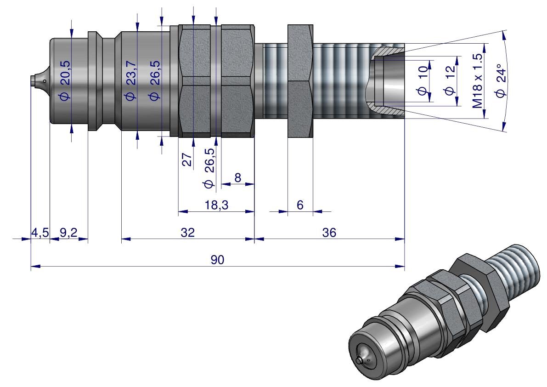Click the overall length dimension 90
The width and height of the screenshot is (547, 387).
pyautogui.click(x=217, y=260)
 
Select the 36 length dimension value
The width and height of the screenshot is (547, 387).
pyautogui.click(x=329, y=233)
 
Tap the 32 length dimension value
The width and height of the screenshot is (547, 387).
pyautogui.click(x=188, y=233)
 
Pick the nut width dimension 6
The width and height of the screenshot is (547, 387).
pyautogui.click(x=300, y=206)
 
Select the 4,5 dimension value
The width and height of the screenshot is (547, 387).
pyautogui.click(x=39, y=233)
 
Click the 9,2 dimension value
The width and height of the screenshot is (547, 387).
pyautogui.click(x=68, y=233)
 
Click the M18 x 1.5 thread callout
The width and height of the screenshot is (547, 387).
pyautogui.click(x=478, y=81)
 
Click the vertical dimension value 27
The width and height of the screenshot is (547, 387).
pyautogui.click(x=187, y=160)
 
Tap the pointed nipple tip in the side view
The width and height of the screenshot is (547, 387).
pyautogui.click(x=33, y=81)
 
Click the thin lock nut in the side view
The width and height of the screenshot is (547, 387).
pyautogui.click(x=300, y=81)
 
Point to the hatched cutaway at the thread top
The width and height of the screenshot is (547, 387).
pyautogui.click(x=388, y=49)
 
